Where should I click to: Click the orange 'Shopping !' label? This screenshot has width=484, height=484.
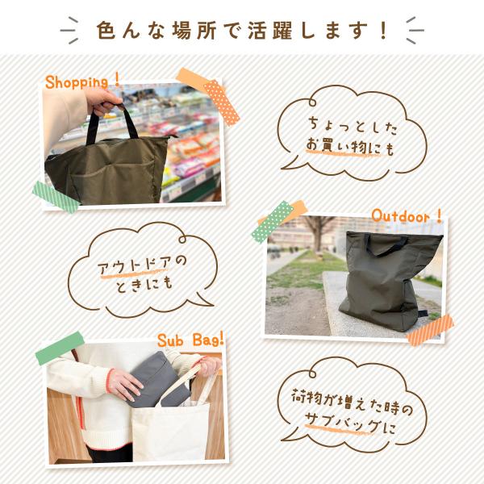pyautogui.click(x=82, y=81)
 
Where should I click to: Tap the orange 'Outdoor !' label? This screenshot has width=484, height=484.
pyautogui.click(x=407, y=215)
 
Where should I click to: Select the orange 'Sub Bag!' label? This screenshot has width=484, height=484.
pyautogui.click(x=190, y=340)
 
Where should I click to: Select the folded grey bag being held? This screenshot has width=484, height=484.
pyautogui.click(x=158, y=379)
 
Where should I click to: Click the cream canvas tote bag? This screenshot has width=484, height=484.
pyautogui.click(x=170, y=432)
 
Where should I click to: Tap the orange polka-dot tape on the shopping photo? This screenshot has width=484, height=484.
pyautogui.click(x=222, y=102)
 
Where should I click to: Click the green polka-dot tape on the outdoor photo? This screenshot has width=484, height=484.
pyautogui.click(x=273, y=221)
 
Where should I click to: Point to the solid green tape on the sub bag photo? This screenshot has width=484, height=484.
pyautogui.click(x=60, y=348)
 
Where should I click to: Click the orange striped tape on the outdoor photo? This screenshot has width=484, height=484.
pyautogui.click(x=430, y=330)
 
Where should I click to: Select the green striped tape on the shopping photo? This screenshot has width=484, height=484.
pyautogui.click(x=56, y=197)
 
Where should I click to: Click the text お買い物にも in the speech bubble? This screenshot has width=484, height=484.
pyautogui.click(x=350, y=148)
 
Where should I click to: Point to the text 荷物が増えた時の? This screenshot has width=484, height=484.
pyautogui.click(x=352, y=401)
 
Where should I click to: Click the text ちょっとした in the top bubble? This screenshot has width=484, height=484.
pyautogui.click(x=353, y=126)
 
